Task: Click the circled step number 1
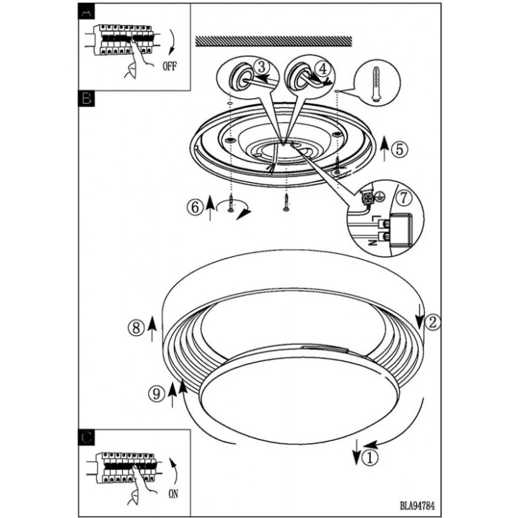(370, 458)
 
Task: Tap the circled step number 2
(432, 322)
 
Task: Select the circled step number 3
(262, 67)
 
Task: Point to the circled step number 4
(323, 69)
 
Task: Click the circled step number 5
(400, 149)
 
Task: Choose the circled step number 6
(195, 207)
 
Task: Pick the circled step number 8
(136, 328)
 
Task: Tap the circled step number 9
(156, 394)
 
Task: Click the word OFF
(169, 67)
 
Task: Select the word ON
(173, 494)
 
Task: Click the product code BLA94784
(417, 505)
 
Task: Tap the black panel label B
(87, 98)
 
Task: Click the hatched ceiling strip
(274, 41)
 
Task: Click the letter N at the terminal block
(373, 243)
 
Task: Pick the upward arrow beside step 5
(384, 149)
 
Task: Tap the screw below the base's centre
(286, 203)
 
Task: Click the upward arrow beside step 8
(152, 329)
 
